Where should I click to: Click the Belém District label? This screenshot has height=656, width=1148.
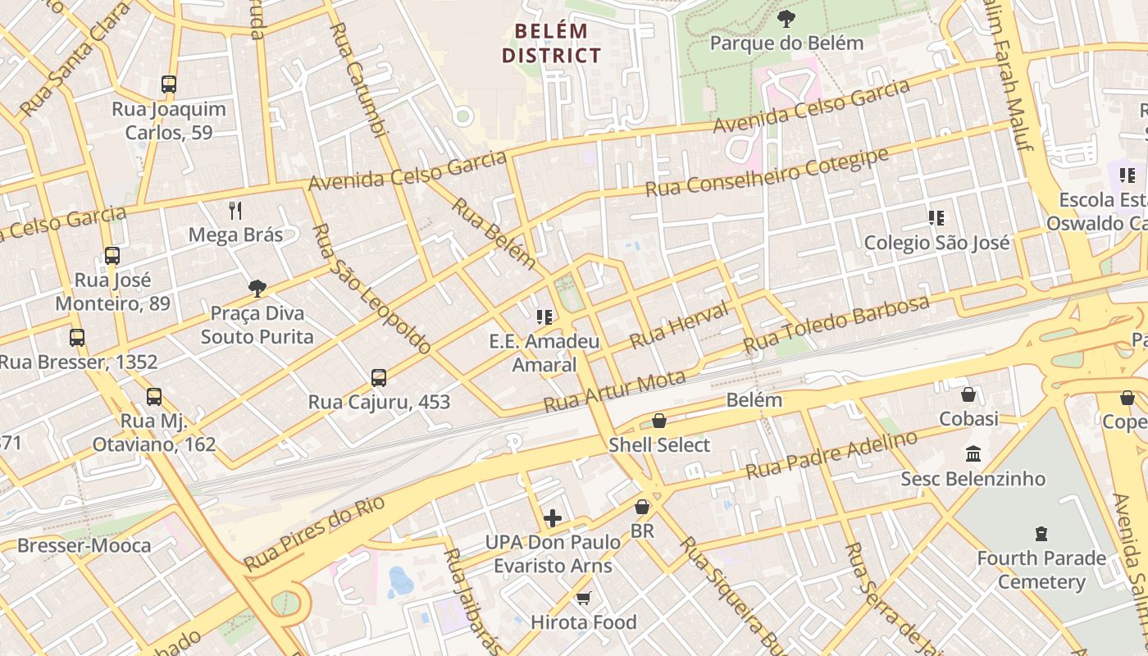click(x=551, y=43)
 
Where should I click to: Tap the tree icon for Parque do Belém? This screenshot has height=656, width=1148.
click(x=786, y=18)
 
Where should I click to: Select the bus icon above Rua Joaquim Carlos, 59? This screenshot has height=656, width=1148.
click(x=169, y=84)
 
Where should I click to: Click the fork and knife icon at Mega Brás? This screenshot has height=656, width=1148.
click(x=236, y=211)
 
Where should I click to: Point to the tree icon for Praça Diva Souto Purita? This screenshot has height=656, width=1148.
click(x=257, y=288)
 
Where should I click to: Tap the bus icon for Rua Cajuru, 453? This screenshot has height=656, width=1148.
click(x=379, y=377)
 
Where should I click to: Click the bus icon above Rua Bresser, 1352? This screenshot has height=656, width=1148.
click(x=77, y=337)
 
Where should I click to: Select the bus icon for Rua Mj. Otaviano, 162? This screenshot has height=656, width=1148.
click(x=154, y=397)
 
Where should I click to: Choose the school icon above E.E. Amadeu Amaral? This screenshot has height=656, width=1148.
click(x=544, y=317)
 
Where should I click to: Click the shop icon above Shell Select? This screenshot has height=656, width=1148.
click(x=659, y=421)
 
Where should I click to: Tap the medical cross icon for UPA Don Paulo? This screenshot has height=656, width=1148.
click(x=553, y=518)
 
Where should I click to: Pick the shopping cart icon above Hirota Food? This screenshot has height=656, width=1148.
click(x=583, y=598)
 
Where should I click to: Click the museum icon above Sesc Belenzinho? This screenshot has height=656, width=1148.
click(x=973, y=453)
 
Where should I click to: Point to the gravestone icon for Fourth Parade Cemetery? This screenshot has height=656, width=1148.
click(x=1041, y=534)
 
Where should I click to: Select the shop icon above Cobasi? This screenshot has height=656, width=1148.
click(x=968, y=394)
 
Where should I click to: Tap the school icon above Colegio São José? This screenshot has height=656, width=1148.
click(x=936, y=218)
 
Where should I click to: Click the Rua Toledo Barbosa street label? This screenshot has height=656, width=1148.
click(x=836, y=325)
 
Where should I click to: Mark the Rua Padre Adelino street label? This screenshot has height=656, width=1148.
click(x=831, y=456)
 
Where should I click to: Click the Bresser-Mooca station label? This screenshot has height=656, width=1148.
click(x=84, y=545)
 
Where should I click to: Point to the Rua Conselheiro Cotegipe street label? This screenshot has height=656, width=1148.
click(x=767, y=173)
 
